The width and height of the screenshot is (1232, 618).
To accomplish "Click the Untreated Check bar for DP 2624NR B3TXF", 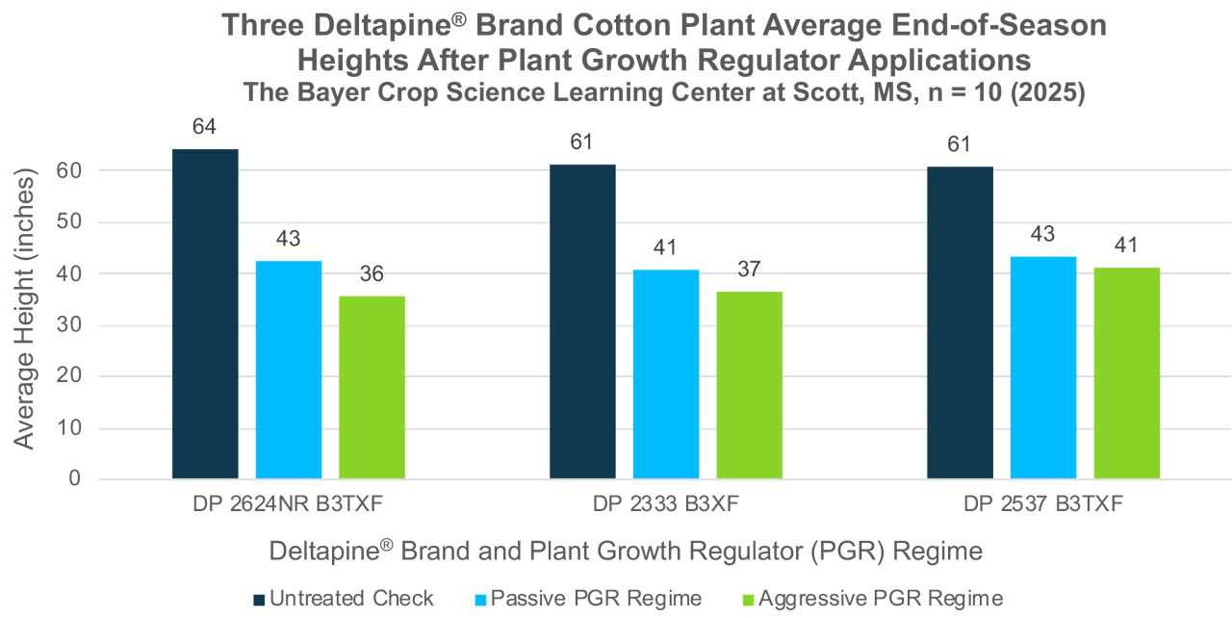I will [x=205, y=314].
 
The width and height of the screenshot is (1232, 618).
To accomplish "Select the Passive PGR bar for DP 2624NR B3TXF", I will [x=289, y=370].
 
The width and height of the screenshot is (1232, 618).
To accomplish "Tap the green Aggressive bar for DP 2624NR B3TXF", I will [x=372, y=387].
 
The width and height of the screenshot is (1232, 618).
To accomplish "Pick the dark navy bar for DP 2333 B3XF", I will [x=582, y=322].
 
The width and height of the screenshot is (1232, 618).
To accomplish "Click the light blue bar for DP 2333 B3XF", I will [x=666, y=373].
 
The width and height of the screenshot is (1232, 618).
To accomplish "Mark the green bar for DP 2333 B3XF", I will [x=749, y=385].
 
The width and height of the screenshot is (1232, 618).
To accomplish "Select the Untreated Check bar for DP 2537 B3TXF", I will [x=960, y=322].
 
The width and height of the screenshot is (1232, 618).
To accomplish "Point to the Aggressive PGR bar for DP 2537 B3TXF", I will [x=1126, y=373].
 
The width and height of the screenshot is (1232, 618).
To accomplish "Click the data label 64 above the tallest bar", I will [x=205, y=126].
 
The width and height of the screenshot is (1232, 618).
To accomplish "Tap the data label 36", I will [x=372, y=274].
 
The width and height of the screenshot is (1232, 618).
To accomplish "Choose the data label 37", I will [x=749, y=270].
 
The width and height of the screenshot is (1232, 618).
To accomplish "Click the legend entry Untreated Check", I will [x=344, y=598].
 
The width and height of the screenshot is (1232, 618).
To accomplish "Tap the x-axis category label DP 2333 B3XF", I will [x=666, y=504].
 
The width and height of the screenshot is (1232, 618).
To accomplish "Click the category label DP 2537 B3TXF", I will [x=1043, y=504].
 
